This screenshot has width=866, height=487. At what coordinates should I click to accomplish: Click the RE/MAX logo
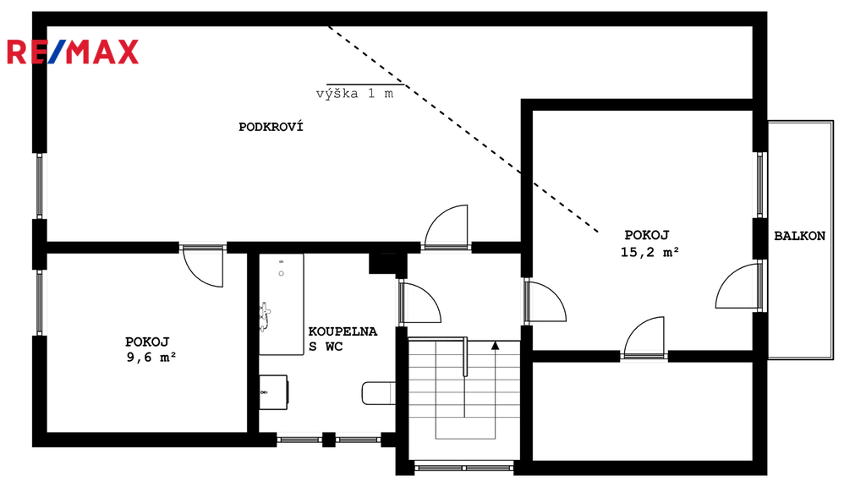click(73, 52)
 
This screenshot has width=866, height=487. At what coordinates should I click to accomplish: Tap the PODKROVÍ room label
click(271, 127)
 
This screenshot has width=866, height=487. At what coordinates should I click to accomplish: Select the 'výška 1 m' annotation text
click(354, 93)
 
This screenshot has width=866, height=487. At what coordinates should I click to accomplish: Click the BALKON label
click(799, 236)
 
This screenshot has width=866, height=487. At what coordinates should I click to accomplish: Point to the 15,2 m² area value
click(649, 252)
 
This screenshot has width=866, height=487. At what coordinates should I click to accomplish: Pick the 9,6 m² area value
click(151, 358)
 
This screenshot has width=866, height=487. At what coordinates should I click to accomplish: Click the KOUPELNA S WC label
click(343, 338)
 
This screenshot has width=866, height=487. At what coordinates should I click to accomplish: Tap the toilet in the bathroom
click(378, 393)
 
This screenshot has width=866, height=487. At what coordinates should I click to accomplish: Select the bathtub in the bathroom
click(282, 304)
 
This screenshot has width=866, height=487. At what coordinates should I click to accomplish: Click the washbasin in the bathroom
click(273, 392)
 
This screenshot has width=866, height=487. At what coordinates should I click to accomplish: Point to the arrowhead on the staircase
click(496, 346)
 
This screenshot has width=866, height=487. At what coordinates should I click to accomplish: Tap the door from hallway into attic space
click(447, 227)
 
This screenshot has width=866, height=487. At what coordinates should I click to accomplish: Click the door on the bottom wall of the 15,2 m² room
click(644, 337)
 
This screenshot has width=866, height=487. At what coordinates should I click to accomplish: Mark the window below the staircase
click(464, 468)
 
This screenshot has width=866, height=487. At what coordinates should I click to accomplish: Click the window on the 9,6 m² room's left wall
click(40, 303)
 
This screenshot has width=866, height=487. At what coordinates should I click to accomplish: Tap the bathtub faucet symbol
click(265, 317)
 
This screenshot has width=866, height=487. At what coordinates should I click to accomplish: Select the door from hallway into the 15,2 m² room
click(545, 302)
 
